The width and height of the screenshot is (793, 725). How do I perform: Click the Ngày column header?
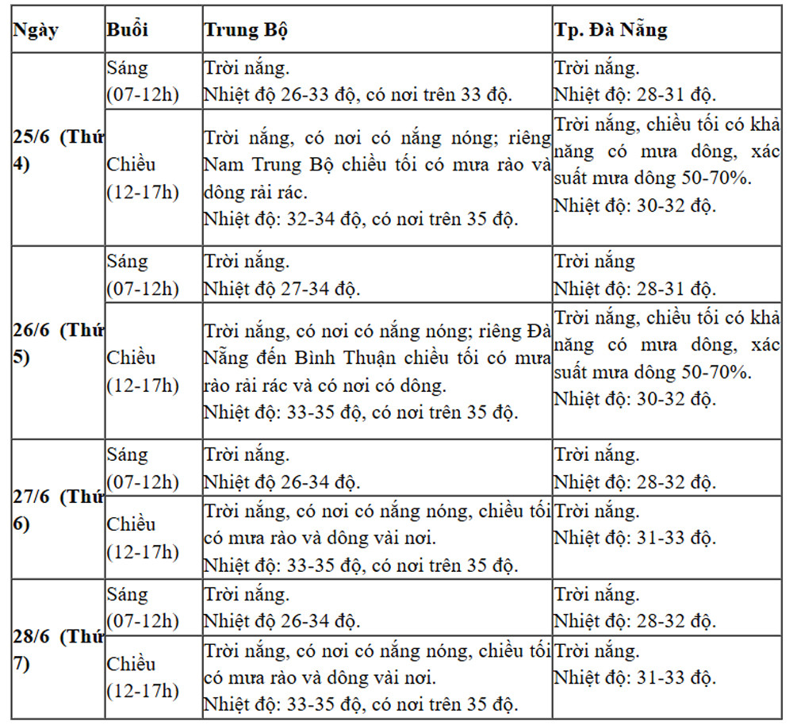point(36,30)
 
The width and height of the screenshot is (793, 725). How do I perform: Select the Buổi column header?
point(128,30)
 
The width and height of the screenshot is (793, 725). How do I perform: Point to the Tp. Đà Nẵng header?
point(611,30)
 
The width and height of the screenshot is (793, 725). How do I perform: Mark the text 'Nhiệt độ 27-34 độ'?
point(282,289)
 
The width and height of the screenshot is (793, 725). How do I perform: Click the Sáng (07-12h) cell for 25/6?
point(143,82)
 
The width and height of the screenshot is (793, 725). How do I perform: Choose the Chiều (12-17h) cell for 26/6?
point(143,371)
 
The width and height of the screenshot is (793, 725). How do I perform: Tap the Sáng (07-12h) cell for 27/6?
point(143,468)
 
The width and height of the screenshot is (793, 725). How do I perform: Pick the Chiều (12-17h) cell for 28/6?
point(143,677)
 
